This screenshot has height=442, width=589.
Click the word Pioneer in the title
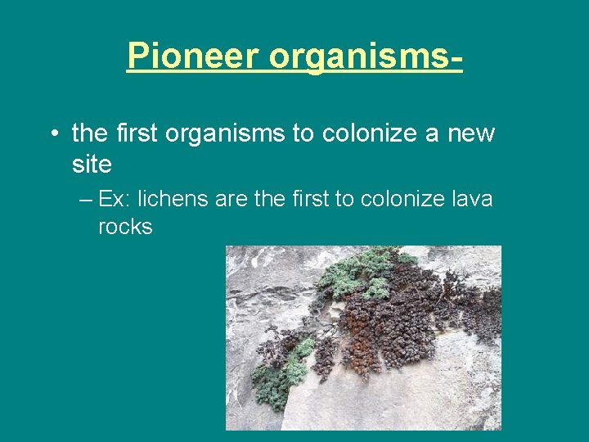click(x=193, y=56)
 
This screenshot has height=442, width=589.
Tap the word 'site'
click(x=92, y=165)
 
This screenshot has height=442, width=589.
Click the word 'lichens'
click(x=175, y=199)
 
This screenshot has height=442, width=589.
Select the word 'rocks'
click(x=125, y=228)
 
